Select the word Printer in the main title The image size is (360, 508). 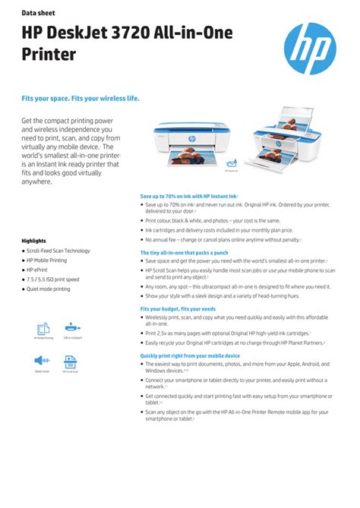[x=49, y=55]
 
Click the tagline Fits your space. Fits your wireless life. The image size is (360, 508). [x=80, y=99]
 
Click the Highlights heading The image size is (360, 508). [x=34, y=241]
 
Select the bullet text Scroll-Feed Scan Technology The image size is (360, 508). [x=59, y=251]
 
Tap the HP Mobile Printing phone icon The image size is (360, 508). [x=43, y=329]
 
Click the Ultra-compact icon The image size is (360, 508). [x=72, y=328]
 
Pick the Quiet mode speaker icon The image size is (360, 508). [x=43, y=361]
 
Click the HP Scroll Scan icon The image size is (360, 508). [x=71, y=361]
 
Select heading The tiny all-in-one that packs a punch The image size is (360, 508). [x=184, y=252]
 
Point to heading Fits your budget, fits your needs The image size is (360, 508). [x=178, y=309]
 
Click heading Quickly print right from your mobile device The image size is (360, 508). [x=190, y=355]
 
